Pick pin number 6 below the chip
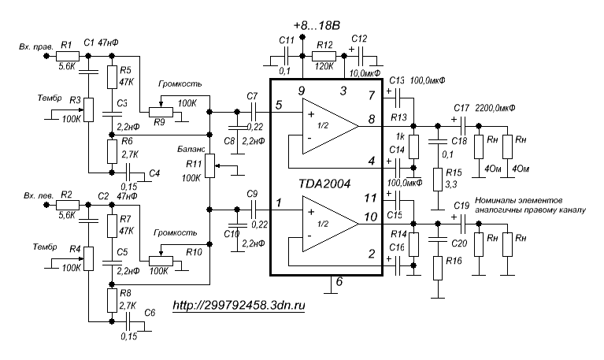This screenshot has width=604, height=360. pos(339,282)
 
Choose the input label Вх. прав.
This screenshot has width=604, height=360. pos(36,47)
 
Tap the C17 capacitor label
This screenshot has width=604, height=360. pos(462,107)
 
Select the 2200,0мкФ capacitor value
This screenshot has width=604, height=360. pos(500,107)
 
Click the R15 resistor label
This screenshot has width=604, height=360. pos(454,172)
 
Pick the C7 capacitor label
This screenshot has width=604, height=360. pos(252,96)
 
